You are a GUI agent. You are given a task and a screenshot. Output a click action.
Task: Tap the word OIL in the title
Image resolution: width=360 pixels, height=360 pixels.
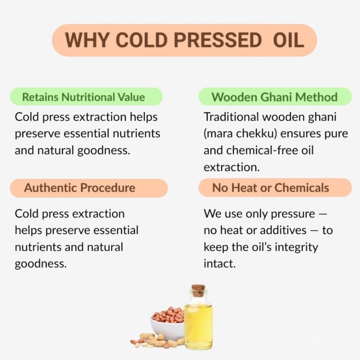coord(288,40)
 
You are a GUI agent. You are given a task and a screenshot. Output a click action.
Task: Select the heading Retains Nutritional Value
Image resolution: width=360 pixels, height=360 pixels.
coord(84,97)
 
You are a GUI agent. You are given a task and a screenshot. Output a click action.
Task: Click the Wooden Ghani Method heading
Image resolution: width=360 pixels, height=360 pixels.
coord(274,97)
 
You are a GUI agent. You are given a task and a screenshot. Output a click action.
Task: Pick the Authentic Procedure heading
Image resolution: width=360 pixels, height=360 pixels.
coord(80,188)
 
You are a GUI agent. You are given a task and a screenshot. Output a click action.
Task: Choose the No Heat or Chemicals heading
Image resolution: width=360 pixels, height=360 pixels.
coord(270,188)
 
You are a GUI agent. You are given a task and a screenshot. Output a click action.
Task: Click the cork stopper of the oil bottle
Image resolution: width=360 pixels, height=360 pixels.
coord(198,290)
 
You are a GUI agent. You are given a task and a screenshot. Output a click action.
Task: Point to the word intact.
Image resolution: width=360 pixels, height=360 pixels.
coord(219,264)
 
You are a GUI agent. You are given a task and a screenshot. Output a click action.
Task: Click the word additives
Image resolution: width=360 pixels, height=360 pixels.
coord(283,230)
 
